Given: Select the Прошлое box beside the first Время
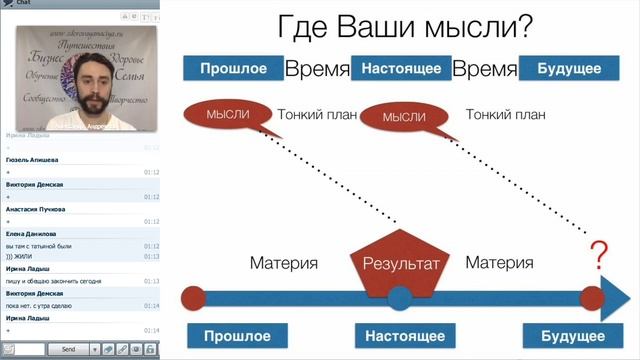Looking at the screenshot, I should tap(232, 69).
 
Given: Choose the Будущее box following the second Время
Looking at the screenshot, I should tap(569, 69).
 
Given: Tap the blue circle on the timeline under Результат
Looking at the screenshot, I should tap(400, 297).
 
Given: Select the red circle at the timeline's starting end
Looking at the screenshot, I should tap(195, 298).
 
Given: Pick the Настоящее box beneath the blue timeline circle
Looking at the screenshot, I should tap(400, 336).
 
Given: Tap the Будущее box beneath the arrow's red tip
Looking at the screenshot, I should tap(566, 336).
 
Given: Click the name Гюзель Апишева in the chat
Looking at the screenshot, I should tap(31, 159).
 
